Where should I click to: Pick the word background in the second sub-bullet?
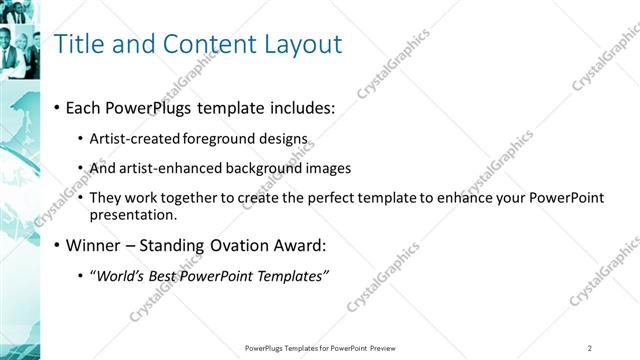(282, 168)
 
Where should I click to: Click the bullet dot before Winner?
(56, 245)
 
